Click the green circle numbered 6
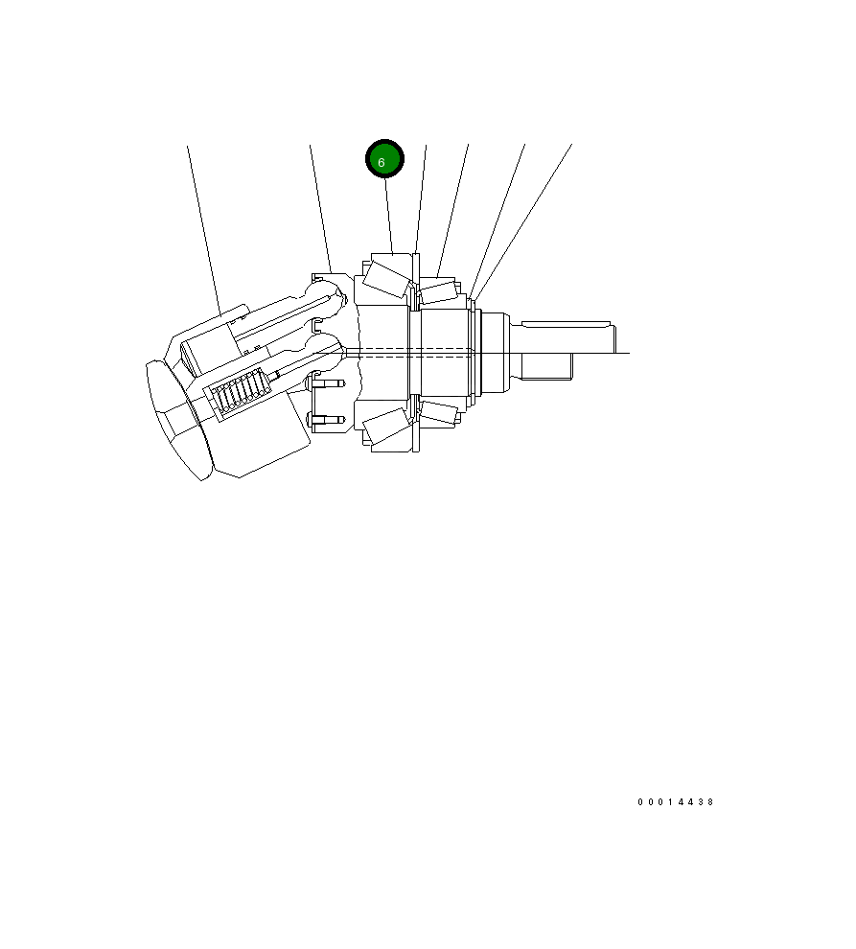(x=384, y=159)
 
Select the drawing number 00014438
(x=676, y=802)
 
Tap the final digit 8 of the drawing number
(x=710, y=802)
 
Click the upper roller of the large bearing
(x=387, y=279)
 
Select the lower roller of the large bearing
(x=387, y=426)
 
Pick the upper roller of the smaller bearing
(x=438, y=292)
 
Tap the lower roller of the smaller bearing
(x=438, y=412)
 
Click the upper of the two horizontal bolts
(x=326, y=383)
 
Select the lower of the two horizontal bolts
(x=326, y=419)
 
